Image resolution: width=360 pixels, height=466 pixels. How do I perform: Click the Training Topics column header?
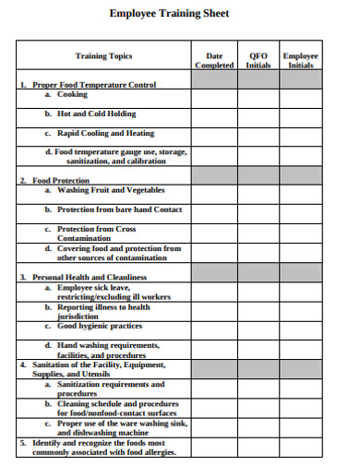[103, 56]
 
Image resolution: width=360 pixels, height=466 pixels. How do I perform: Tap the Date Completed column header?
[214, 60]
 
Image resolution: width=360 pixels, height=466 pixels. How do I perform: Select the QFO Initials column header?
[258, 60]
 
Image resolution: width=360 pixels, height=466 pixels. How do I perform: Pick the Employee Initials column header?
[300, 60]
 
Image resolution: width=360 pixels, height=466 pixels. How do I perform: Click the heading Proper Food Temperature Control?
[94, 84]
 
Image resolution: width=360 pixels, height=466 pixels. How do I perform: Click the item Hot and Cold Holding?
[96, 114]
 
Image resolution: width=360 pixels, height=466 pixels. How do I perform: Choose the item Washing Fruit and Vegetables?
[111, 190]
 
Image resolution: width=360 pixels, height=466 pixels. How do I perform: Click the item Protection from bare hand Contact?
[119, 209]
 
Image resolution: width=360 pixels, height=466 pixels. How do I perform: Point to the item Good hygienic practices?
[100, 326]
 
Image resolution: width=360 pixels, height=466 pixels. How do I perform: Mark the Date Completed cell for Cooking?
[214, 95]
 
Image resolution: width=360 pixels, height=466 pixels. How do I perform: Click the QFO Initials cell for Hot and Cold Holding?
[258, 114]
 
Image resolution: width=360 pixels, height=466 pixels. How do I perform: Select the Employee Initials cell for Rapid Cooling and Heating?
[300, 133]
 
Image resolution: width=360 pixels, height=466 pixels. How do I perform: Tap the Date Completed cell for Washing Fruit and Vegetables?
[214, 191]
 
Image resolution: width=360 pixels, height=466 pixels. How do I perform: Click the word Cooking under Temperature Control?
[73, 94]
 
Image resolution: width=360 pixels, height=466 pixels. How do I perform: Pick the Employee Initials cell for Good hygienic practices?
[300, 327]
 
